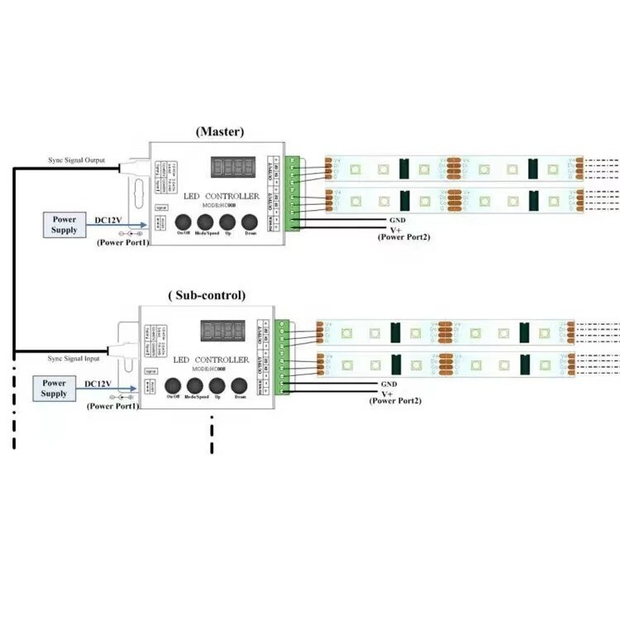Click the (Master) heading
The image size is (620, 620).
[219, 131]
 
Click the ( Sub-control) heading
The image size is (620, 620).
[207, 295]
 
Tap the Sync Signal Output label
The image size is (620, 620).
[75, 160]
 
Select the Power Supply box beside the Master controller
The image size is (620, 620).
[64, 225]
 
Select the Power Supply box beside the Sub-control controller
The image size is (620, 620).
[54, 389]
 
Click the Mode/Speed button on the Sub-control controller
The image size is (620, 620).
[196, 385]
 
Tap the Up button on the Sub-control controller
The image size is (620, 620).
[217, 385]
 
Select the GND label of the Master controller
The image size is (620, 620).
[396, 221]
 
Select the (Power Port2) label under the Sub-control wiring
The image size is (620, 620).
[394, 401]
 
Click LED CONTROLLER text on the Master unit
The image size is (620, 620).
[221, 197]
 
